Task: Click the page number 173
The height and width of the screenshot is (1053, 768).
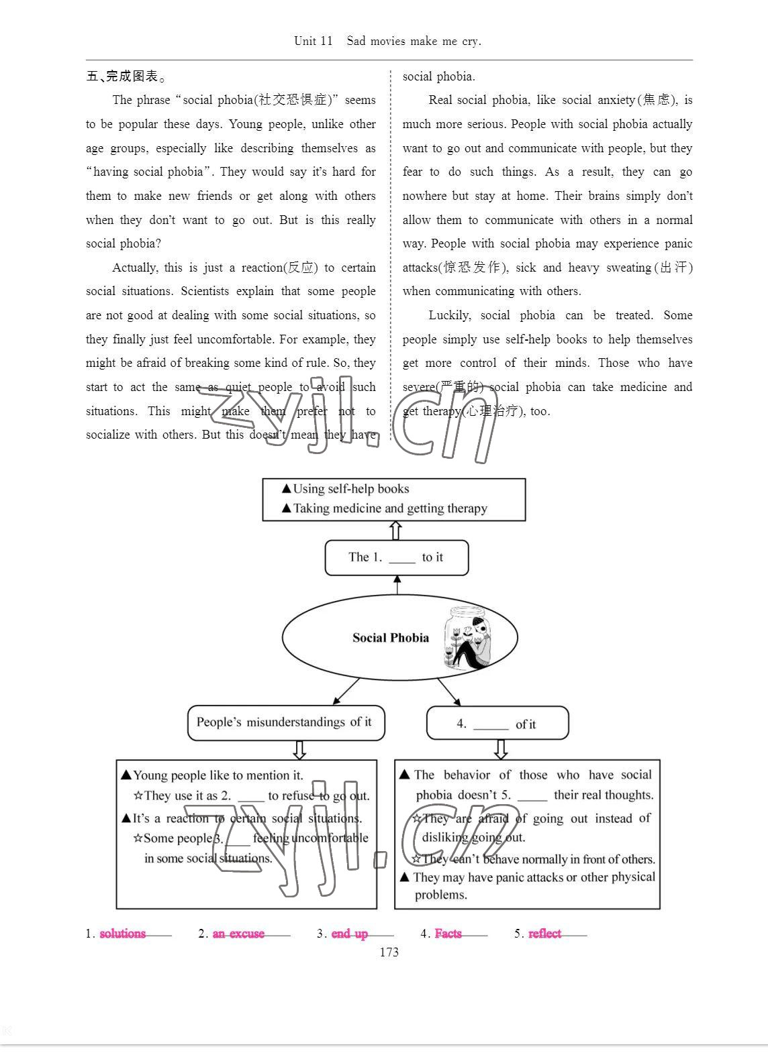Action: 389,952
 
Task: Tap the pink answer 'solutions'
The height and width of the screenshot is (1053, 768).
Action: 122,934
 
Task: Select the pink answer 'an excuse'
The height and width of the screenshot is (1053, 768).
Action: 238,934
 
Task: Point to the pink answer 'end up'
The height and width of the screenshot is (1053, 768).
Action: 349,934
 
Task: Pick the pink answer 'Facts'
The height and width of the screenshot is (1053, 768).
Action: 448,934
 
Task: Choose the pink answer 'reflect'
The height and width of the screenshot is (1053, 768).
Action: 544,934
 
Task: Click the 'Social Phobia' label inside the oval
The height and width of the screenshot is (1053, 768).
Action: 391,638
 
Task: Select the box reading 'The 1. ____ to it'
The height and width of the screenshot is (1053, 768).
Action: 396,557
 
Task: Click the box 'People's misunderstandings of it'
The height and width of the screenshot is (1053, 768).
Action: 286,722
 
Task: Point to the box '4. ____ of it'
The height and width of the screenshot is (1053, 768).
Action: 497,724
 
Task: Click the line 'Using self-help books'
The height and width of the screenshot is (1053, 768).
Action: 350,489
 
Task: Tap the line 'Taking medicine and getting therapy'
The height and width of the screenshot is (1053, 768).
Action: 390,508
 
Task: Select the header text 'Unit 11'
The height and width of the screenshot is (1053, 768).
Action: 313,41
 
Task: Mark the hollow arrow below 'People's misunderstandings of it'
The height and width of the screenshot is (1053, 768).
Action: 299,750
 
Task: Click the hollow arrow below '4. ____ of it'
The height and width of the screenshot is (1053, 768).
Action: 500,749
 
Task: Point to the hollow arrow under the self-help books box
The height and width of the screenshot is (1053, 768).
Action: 396,531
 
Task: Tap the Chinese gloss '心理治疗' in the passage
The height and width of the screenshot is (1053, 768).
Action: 493,411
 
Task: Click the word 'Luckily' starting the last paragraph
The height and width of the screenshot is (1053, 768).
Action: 449,315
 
